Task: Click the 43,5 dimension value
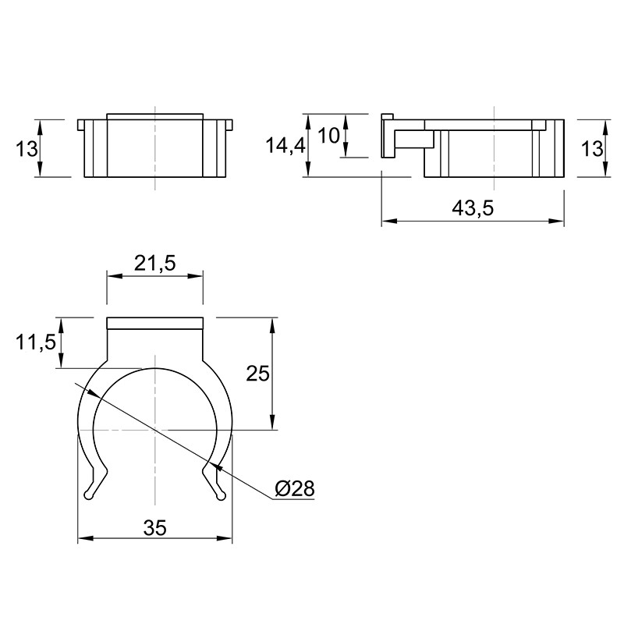pyautogui.click(x=473, y=208)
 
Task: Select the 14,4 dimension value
pyautogui.click(x=285, y=145)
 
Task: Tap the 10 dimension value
pyautogui.click(x=328, y=136)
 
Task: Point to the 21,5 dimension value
pyautogui.click(x=154, y=263)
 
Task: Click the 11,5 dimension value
pyautogui.click(x=36, y=342)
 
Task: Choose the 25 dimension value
pyautogui.click(x=257, y=374)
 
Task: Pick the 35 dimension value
pyautogui.click(x=155, y=528)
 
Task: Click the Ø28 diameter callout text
pyautogui.click(x=295, y=488)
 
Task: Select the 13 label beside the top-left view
pyautogui.click(x=27, y=149)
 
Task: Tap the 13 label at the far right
pyautogui.click(x=592, y=149)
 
